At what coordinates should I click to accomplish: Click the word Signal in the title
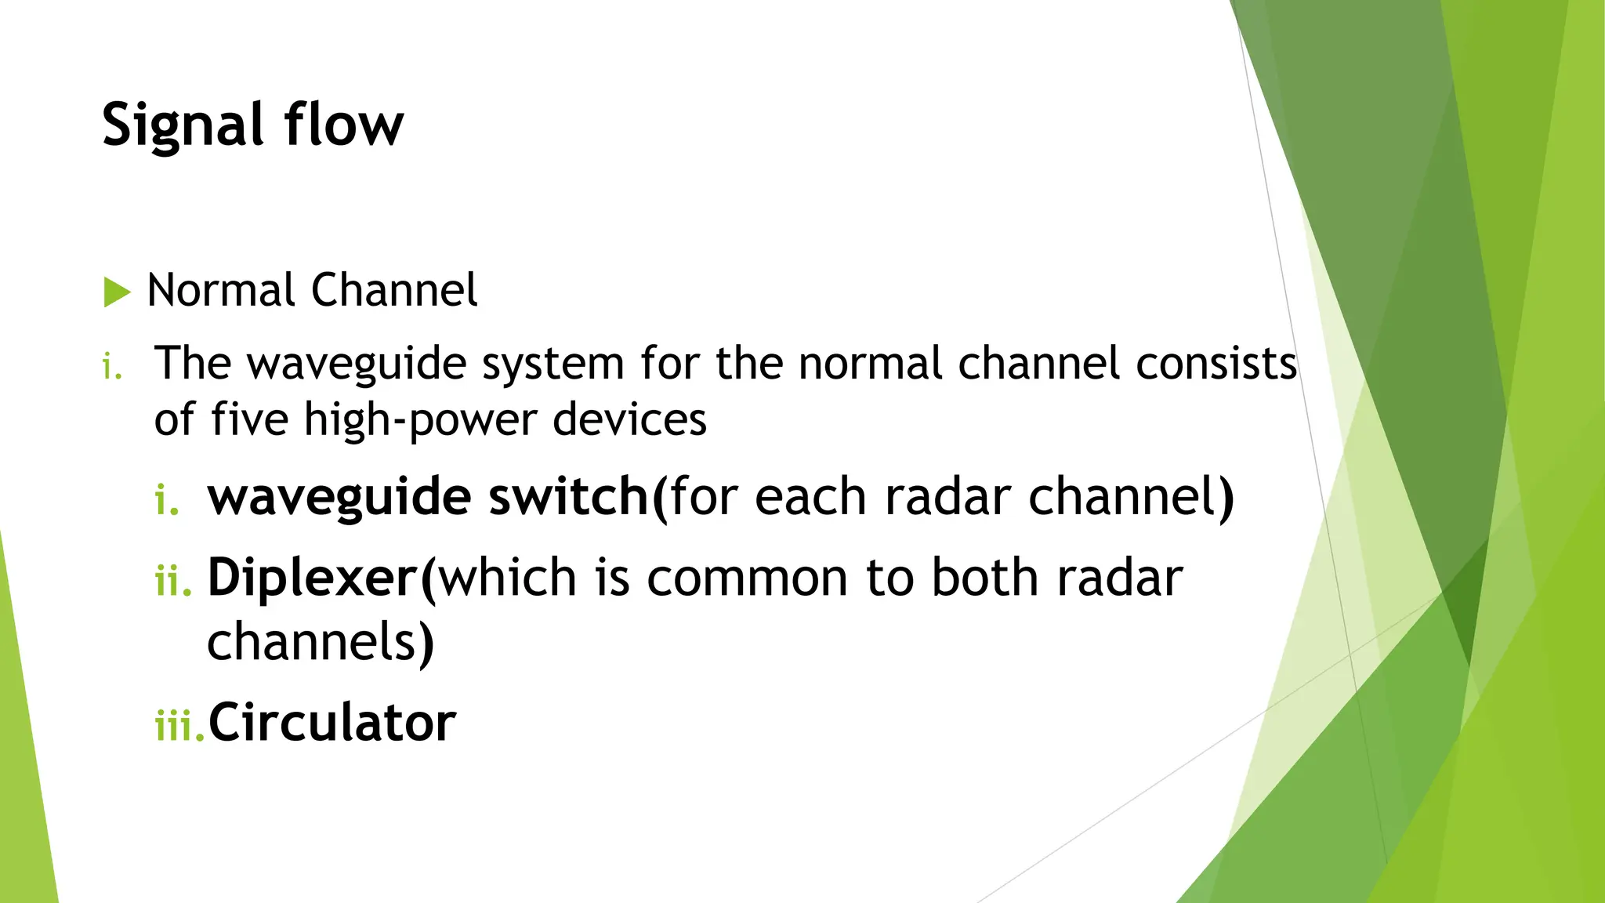(x=182, y=125)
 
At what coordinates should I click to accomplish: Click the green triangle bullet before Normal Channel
(x=117, y=292)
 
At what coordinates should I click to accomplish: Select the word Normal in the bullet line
(x=220, y=290)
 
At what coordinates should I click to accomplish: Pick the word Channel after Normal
(x=394, y=290)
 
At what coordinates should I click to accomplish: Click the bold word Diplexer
(x=312, y=578)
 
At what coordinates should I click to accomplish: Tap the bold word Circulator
(x=332, y=722)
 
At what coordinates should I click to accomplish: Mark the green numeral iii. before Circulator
(x=179, y=724)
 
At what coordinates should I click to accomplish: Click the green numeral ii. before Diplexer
(x=173, y=581)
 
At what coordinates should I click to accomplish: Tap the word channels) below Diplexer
(x=321, y=641)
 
